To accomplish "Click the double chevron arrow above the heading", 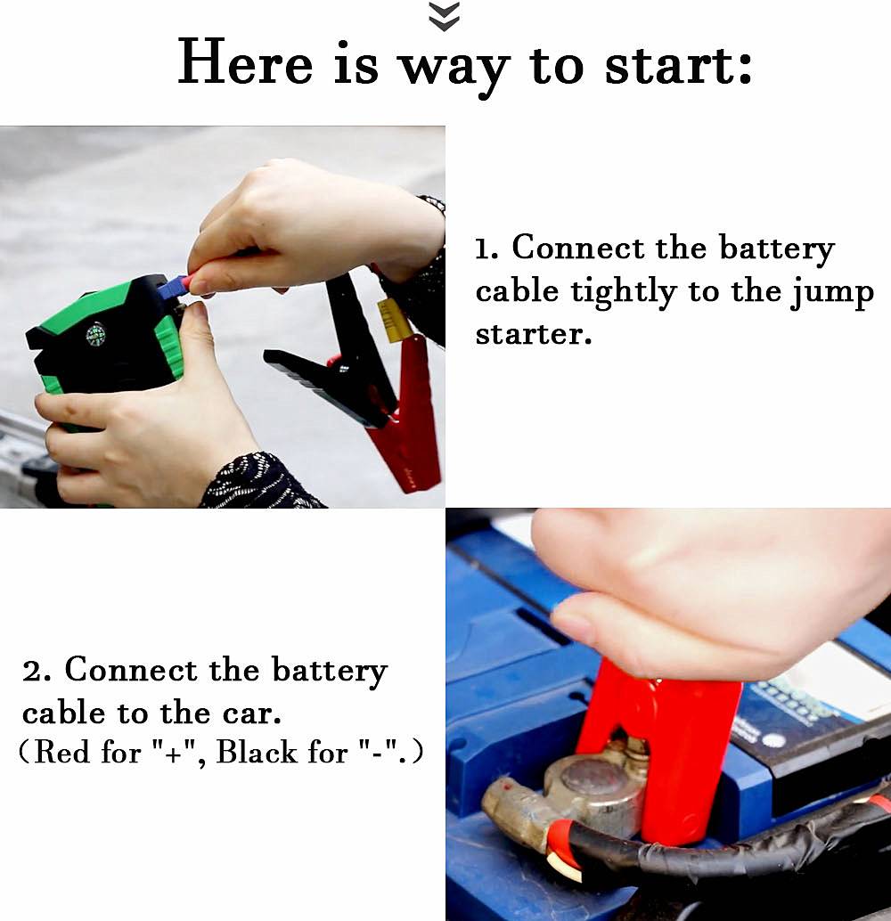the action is click(x=445, y=16).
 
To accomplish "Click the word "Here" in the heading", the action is click(x=245, y=61).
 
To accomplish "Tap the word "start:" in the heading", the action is click(x=678, y=65).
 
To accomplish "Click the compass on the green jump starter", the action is click(x=95, y=335).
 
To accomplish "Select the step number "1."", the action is click(x=487, y=249).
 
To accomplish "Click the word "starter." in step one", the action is click(x=533, y=334).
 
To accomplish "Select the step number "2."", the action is click(x=37, y=671).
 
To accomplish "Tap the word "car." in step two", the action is click(x=252, y=713).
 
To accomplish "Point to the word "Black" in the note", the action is click(x=257, y=752).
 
